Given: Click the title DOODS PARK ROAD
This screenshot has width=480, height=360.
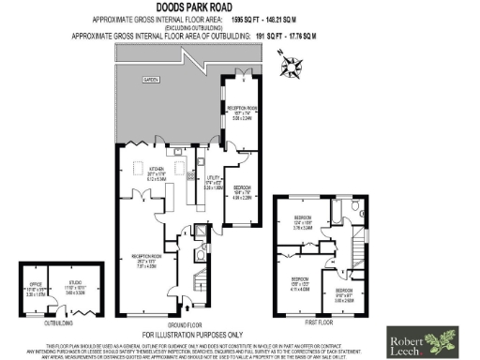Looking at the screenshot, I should pos(239,8).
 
